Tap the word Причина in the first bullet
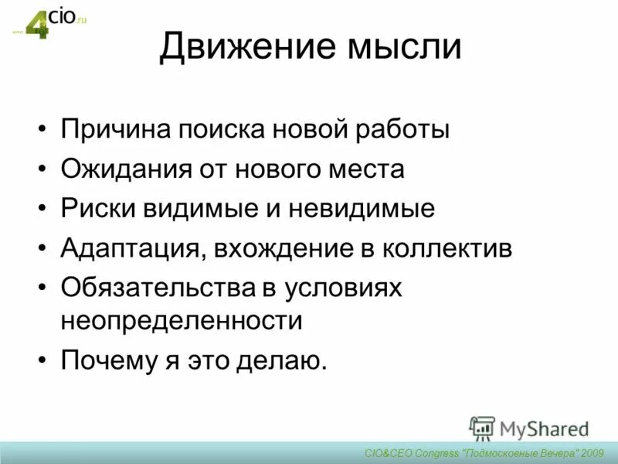pos(114,128)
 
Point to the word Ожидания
pos(123,169)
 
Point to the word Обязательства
pos(156,288)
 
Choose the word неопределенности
pos(181,320)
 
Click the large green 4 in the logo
pos(38,26)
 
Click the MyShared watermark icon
pos(482,428)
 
